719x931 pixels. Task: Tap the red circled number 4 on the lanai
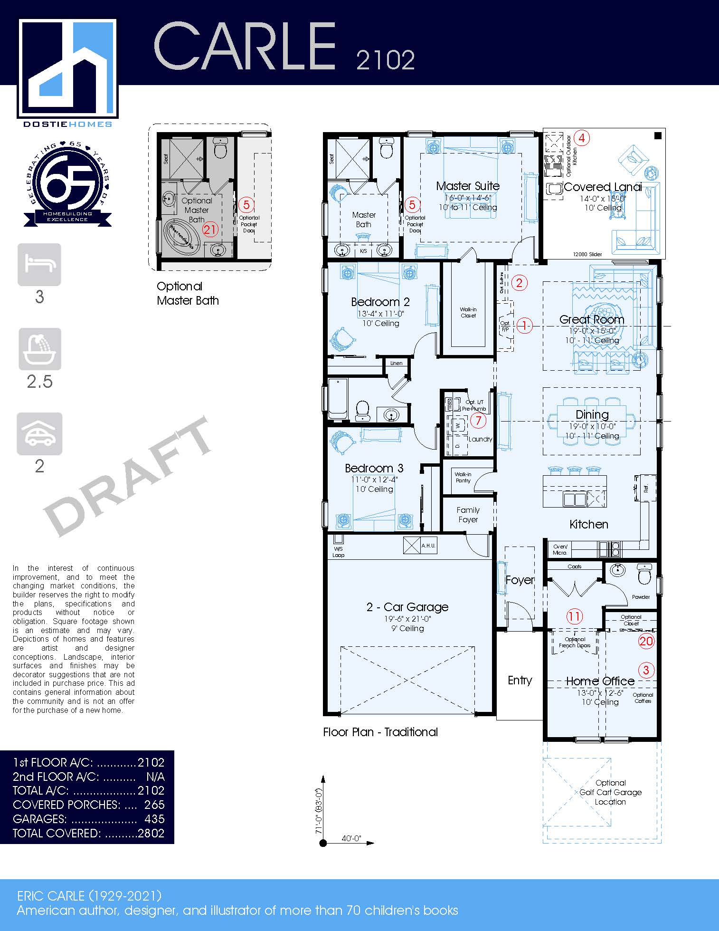pos(582,138)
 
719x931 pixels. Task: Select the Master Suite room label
pos(468,186)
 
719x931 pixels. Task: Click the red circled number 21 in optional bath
pos(210,230)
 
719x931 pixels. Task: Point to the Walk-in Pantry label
pos(463,477)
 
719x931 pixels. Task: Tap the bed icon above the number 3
pos(39,264)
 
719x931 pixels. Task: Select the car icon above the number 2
pos(39,433)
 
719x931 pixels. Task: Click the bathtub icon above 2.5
pos(40,349)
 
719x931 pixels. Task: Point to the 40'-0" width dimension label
pos(351,838)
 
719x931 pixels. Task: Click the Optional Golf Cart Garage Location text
pos(610,792)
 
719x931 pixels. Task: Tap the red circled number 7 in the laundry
pos(478,420)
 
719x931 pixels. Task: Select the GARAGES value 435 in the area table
pos(154,819)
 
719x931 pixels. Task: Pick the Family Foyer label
pos(468,515)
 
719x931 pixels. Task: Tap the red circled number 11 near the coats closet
pos(574,616)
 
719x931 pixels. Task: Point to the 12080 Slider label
pos(587,254)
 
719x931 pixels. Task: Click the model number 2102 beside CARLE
pos(385,60)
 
